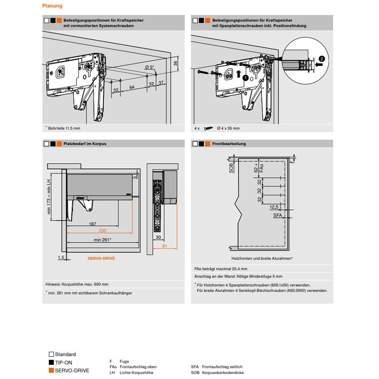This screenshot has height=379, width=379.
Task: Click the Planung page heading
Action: coord(52,6)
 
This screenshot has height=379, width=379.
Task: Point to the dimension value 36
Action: coord(176,63)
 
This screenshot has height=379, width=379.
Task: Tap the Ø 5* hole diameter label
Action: coord(149,67)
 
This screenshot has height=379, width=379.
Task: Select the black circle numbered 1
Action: coord(245,77)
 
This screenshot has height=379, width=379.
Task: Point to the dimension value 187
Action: coord(93,224)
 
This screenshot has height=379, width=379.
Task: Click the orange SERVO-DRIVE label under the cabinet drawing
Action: coord(101,258)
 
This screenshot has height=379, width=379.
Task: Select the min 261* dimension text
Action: coord(102,240)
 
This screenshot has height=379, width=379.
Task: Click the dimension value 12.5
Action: coord(274,207)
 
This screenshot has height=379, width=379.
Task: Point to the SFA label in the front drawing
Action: coord(278,215)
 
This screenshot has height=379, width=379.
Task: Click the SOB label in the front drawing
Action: coord(231,168)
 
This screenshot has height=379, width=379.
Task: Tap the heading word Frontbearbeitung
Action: coord(229,144)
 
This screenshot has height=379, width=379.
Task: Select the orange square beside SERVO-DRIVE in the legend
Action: coord(51,370)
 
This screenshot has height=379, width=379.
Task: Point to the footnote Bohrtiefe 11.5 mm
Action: coord(64,128)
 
